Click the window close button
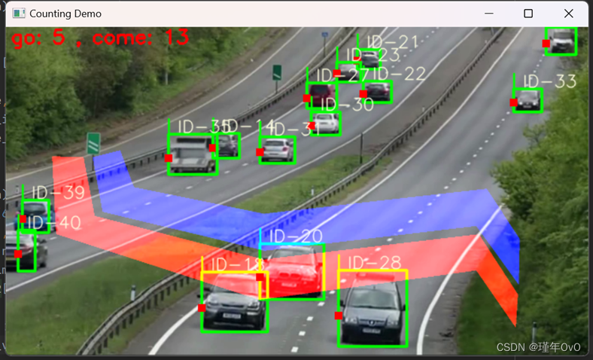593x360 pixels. pyautogui.click(x=568, y=14)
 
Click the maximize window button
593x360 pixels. pyautogui.click(x=528, y=14)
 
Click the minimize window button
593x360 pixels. pyautogui.click(x=488, y=14)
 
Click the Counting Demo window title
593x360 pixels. pyautogui.click(x=65, y=14)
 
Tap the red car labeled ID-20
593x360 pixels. pyautogui.click(x=292, y=272)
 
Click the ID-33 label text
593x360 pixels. pyautogui.click(x=549, y=81)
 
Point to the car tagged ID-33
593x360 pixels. pyautogui.click(x=528, y=100)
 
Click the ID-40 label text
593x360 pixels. pyautogui.click(x=53, y=223)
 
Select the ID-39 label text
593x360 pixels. pyautogui.click(x=58, y=193)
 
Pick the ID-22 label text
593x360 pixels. pyautogui.click(x=399, y=74)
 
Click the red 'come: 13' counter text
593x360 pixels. pyautogui.click(x=141, y=37)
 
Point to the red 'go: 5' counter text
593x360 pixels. pyautogui.click(x=38, y=38)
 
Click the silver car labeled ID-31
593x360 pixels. pyautogui.click(x=278, y=150)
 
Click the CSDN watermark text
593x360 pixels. pyautogui.click(x=539, y=347)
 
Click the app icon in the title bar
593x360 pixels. pyautogui.click(x=19, y=14)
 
